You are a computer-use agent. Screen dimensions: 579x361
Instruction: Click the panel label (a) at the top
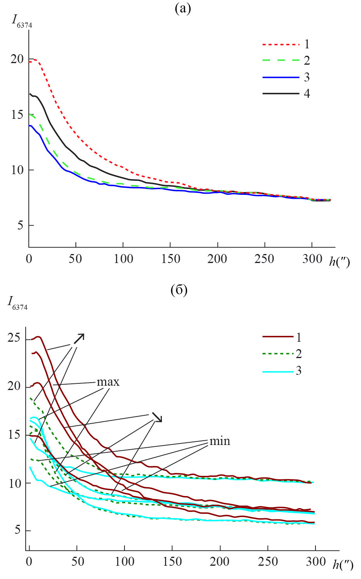pos(183,9)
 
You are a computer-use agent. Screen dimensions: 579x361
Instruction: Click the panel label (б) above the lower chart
pos(179,290)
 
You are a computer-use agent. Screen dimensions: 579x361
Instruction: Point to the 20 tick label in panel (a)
pos(17,59)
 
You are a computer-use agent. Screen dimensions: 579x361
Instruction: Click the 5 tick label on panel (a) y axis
pos(20,226)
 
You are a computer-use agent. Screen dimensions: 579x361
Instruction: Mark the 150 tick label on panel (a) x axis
pos(170,259)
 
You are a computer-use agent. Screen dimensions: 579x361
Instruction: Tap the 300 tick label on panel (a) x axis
pos(312,259)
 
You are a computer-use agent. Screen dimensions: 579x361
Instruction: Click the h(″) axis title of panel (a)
pos(339,261)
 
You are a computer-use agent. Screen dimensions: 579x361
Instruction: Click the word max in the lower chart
pos(108,382)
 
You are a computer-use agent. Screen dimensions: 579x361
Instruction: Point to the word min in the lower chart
pos(220,441)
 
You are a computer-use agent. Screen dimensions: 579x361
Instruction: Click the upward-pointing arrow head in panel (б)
pos(79,338)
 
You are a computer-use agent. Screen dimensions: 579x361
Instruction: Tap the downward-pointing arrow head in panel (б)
pos(158,418)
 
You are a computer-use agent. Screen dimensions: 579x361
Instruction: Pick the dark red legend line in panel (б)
pos(278,336)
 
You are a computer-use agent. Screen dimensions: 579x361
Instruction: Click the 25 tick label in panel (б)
pos(14,338)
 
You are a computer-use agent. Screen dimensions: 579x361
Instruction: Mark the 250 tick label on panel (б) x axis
pos(267,562)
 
